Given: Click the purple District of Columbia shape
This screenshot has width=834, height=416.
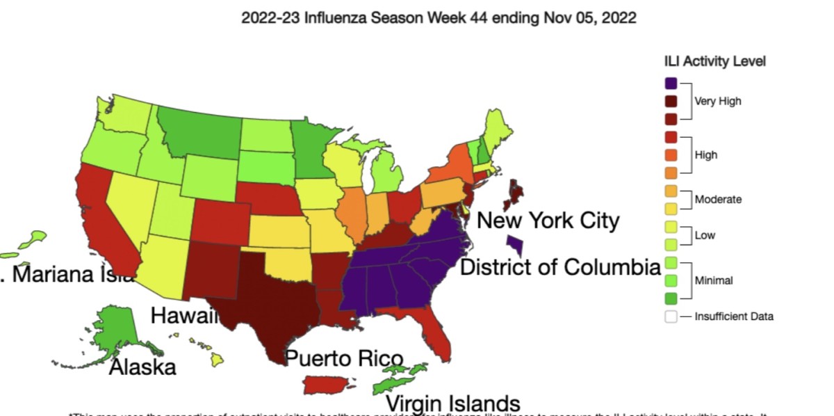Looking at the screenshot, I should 515,244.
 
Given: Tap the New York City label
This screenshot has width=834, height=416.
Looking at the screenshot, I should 548,221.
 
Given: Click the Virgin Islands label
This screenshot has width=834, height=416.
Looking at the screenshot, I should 452,403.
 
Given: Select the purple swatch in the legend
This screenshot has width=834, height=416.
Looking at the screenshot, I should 671,83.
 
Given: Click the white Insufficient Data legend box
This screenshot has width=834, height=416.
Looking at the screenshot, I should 671,317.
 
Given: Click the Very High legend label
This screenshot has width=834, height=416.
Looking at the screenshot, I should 718,101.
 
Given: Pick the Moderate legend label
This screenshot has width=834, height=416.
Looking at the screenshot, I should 718,200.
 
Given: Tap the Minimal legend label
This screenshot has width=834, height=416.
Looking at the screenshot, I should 714,280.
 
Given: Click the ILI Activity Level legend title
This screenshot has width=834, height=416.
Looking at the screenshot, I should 714,61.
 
